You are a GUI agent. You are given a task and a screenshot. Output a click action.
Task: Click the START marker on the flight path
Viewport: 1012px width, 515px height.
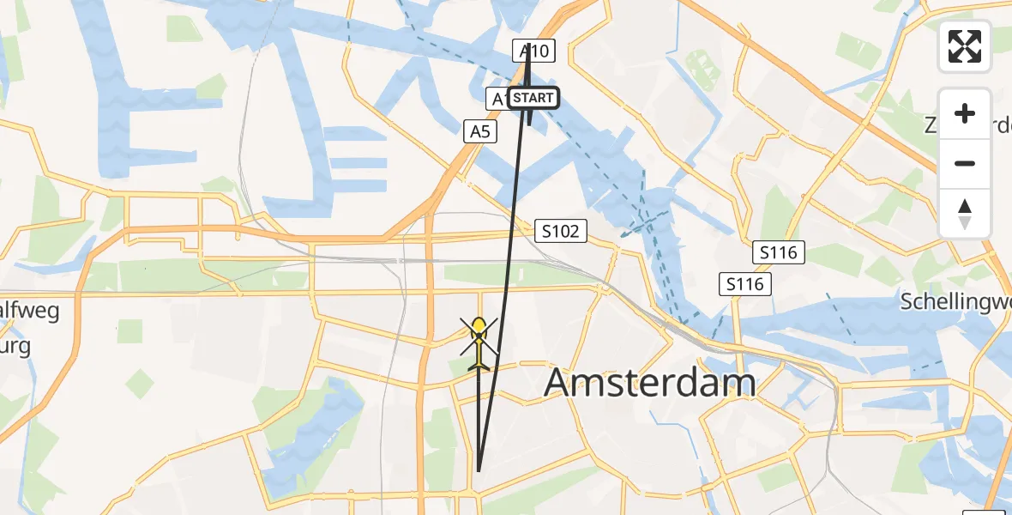point(533,98)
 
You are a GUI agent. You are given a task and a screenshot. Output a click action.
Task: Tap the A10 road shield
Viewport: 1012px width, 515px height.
point(534,51)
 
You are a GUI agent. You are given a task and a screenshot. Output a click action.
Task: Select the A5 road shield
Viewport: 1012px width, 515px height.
point(480,131)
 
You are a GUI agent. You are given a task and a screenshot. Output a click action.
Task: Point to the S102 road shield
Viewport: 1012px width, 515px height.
point(562,230)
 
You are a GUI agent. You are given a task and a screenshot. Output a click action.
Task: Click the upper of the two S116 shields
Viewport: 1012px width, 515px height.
point(779,252)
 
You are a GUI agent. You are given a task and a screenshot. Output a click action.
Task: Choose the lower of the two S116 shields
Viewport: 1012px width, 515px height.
point(744,284)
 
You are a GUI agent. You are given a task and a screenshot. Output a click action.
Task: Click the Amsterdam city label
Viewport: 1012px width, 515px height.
point(650,383)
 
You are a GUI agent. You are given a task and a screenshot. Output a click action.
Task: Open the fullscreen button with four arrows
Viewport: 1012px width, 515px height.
point(965,46)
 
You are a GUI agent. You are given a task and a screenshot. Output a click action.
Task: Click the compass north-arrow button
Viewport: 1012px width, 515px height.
point(965,213)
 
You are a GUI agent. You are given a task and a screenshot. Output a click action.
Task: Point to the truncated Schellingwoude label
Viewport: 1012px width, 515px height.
point(955,301)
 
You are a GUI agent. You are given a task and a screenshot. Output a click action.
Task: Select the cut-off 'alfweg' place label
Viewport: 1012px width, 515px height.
point(30,311)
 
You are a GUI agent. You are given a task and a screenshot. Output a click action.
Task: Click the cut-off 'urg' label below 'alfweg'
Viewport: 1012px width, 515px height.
point(15,347)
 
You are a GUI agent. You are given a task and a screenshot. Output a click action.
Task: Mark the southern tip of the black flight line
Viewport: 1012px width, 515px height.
point(478,470)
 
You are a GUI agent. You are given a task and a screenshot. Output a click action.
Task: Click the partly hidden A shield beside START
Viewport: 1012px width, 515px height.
point(497,99)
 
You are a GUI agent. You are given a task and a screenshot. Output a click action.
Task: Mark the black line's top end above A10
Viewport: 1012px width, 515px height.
point(529,44)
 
